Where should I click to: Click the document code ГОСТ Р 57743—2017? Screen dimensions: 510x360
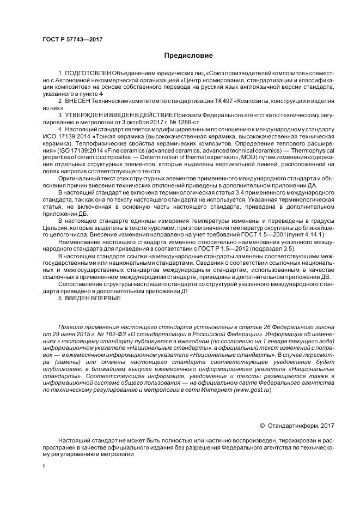pyautogui.click(x=72, y=40)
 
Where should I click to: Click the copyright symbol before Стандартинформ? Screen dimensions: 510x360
pyautogui.click(x=262, y=424)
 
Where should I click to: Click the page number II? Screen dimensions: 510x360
pyautogui.click(x=45, y=466)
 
